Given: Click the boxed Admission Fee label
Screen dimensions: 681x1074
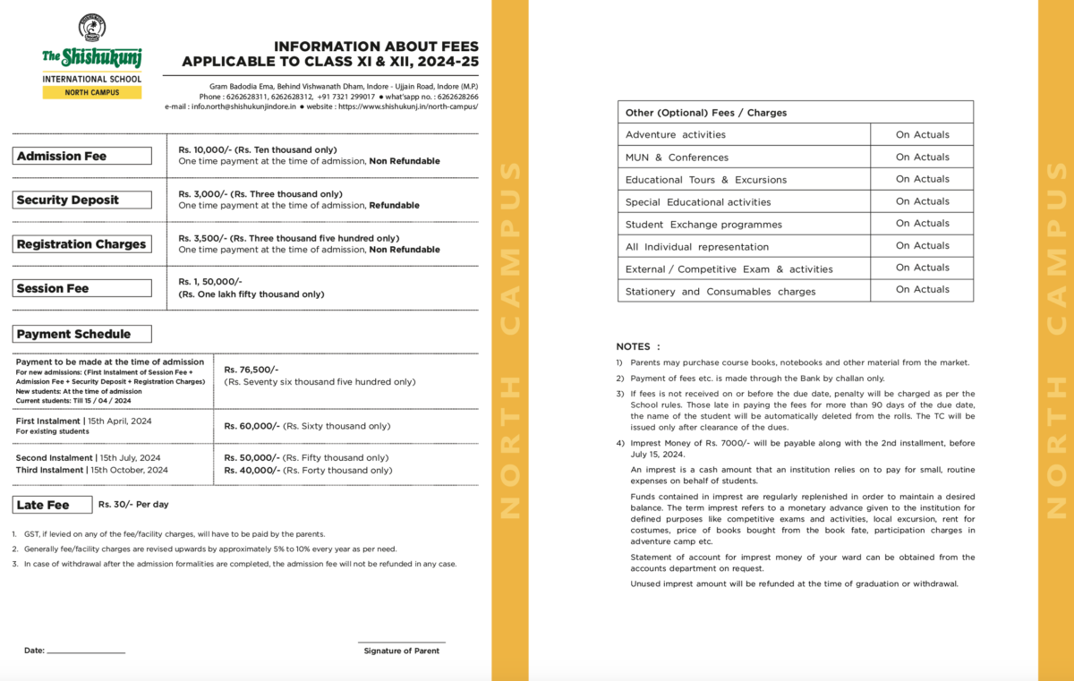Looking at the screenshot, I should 83,156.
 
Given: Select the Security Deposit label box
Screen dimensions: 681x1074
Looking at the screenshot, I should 83,200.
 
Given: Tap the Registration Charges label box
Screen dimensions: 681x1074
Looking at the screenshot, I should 83,244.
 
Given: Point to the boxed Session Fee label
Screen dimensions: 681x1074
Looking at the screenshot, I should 83,288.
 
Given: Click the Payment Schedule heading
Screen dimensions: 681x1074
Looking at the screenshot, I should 83,334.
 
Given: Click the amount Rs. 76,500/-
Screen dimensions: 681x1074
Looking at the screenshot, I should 251,370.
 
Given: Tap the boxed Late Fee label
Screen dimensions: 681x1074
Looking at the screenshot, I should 53,505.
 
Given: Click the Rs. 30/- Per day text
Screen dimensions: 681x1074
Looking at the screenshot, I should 133,505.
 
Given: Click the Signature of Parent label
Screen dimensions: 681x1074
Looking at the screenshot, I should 401,651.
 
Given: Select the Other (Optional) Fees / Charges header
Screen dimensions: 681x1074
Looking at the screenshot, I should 706,113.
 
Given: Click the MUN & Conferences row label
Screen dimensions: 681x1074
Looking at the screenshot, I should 677,157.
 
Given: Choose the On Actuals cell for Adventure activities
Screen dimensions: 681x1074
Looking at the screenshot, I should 922,134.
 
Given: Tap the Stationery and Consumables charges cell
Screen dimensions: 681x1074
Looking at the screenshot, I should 720,292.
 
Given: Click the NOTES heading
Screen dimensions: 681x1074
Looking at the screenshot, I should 638,346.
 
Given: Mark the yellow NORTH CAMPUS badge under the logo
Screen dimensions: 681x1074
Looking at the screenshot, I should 92,92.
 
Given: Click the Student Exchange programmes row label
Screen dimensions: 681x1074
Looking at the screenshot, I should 703,225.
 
